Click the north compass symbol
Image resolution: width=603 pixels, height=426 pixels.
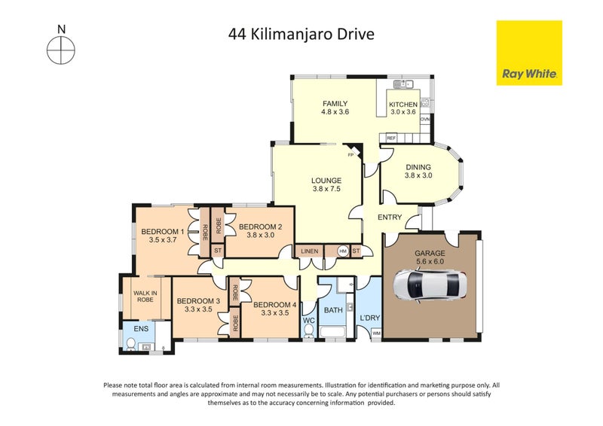(x=61, y=51)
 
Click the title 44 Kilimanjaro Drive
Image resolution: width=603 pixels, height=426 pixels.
(x=301, y=34)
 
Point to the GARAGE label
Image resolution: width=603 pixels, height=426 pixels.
(x=430, y=254)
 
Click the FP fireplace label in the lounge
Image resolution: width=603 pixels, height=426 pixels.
(x=350, y=156)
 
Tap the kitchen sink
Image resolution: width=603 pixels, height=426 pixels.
(x=404, y=84)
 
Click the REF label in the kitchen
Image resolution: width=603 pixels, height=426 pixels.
(x=391, y=138)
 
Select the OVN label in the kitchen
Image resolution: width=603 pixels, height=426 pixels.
(x=425, y=120)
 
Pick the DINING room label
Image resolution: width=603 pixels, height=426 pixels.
(x=418, y=167)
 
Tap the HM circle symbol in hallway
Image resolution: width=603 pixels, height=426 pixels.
(x=343, y=251)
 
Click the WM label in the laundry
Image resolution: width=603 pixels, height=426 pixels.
(x=376, y=333)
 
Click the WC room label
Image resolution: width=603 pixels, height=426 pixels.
(x=308, y=320)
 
